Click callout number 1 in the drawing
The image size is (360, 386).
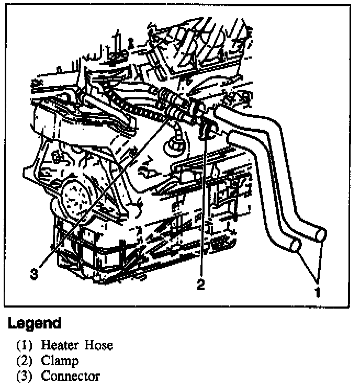(x=317, y=291)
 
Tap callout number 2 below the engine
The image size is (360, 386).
(x=200, y=284)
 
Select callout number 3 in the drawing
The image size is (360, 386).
(x=34, y=273)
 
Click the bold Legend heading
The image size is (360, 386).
(x=35, y=323)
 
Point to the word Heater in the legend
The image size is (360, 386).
(x=59, y=345)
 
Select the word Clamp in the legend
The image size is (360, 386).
(x=60, y=360)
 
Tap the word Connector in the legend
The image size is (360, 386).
(x=70, y=376)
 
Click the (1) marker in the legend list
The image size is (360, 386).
(x=25, y=345)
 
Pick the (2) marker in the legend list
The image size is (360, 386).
(x=25, y=360)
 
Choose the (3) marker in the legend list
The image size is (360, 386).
(x=25, y=376)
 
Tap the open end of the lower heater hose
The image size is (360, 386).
(x=295, y=245)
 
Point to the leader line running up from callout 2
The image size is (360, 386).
(x=201, y=209)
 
